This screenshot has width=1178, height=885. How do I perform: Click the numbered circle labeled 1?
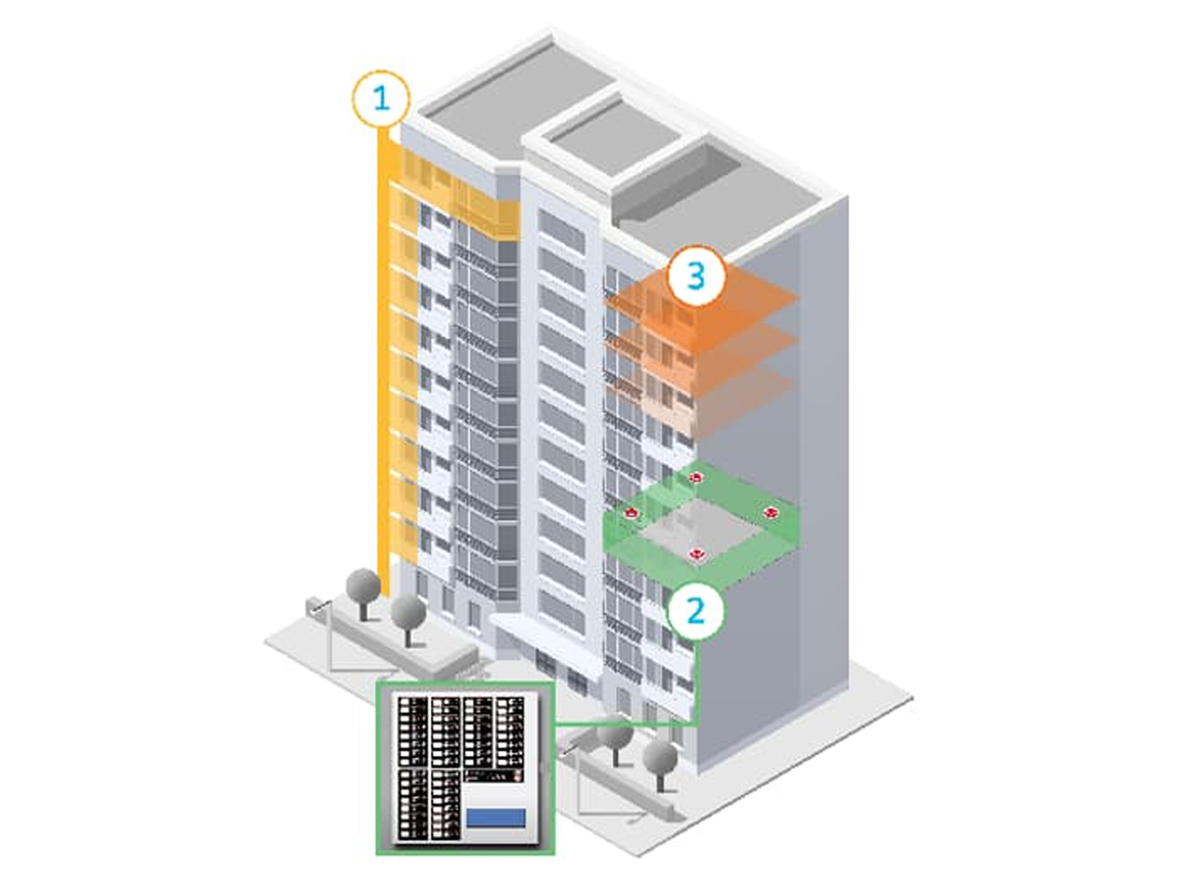pyautogui.click(x=381, y=99)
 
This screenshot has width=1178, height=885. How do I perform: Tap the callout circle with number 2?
pyautogui.click(x=696, y=611)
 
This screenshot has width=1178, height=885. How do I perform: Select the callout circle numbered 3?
pyautogui.click(x=696, y=276)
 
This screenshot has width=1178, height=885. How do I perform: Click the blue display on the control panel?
pyautogui.click(x=495, y=818)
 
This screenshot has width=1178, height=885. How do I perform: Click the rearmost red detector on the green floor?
pyautogui.click(x=697, y=478)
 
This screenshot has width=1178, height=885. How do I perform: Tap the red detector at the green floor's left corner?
pyautogui.click(x=631, y=513)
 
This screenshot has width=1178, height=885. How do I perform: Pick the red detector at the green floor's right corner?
pyautogui.click(x=771, y=513)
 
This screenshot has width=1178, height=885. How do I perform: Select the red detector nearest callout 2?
pyautogui.click(x=697, y=556)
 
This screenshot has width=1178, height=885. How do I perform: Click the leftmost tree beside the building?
pyautogui.click(x=364, y=588)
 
